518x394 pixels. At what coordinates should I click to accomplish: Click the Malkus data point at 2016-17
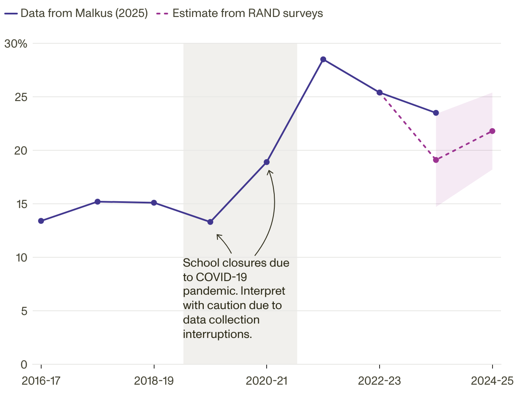(x=41, y=221)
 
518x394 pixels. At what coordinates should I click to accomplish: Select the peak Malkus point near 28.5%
(x=323, y=59)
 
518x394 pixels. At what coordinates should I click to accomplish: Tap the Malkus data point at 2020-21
(x=267, y=162)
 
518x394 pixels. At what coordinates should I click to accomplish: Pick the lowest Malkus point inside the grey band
(x=210, y=222)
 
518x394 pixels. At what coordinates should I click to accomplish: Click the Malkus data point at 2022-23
(x=380, y=93)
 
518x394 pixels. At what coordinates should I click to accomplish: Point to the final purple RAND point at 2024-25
(x=492, y=131)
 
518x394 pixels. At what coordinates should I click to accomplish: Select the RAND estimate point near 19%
(x=436, y=160)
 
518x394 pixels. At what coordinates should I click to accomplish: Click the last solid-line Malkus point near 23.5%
(x=436, y=113)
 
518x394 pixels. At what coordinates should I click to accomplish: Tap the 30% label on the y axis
(x=16, y=43)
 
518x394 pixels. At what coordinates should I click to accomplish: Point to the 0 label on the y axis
(x=24, y=364)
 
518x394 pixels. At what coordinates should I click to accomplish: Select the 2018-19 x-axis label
(x=154, y=380)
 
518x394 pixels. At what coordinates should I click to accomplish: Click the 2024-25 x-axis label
(x=492, y=380)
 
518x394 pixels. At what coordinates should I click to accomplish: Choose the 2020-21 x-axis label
(x=266, y=380)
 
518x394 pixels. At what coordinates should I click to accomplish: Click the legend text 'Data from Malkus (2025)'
(x=84, y=13)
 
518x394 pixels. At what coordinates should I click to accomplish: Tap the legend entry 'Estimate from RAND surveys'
(x=248, y=13)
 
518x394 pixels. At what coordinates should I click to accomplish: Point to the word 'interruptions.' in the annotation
(x=217, y=334)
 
